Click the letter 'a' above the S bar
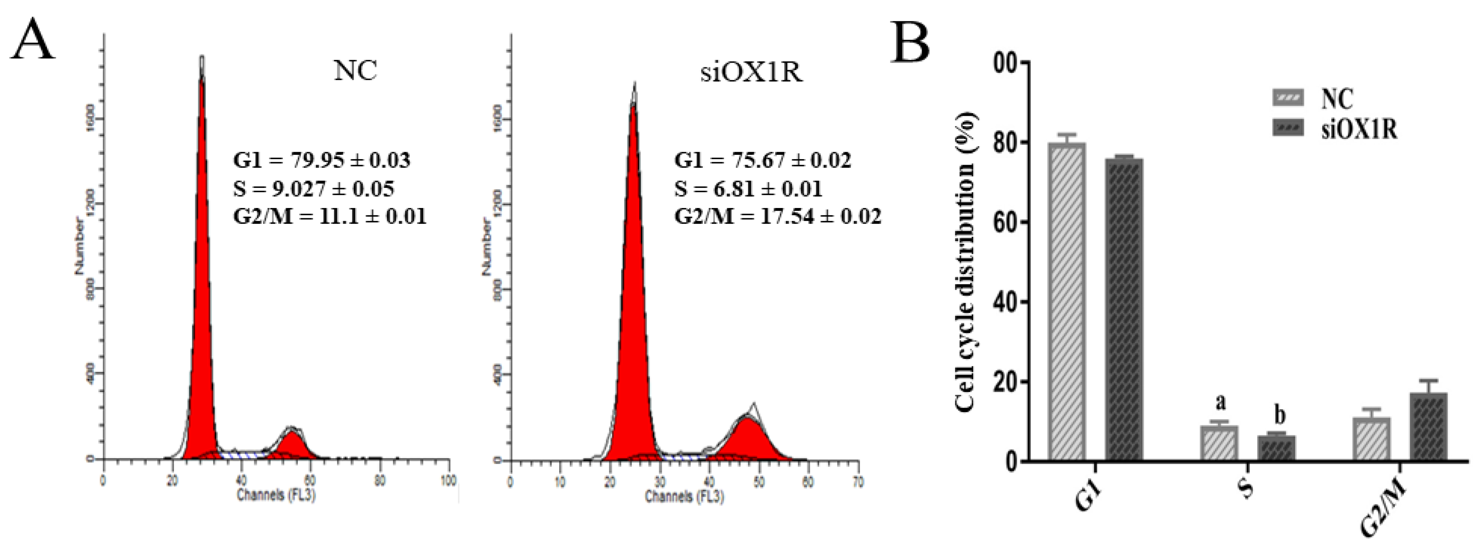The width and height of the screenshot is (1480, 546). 1220,403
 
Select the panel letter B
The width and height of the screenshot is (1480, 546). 910,41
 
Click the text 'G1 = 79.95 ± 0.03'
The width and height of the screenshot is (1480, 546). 322,160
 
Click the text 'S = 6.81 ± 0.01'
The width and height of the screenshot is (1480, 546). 748,188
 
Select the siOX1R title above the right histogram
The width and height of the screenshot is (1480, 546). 751,74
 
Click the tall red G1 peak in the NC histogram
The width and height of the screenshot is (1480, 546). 202,287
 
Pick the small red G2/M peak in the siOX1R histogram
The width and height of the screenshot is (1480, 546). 747,442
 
